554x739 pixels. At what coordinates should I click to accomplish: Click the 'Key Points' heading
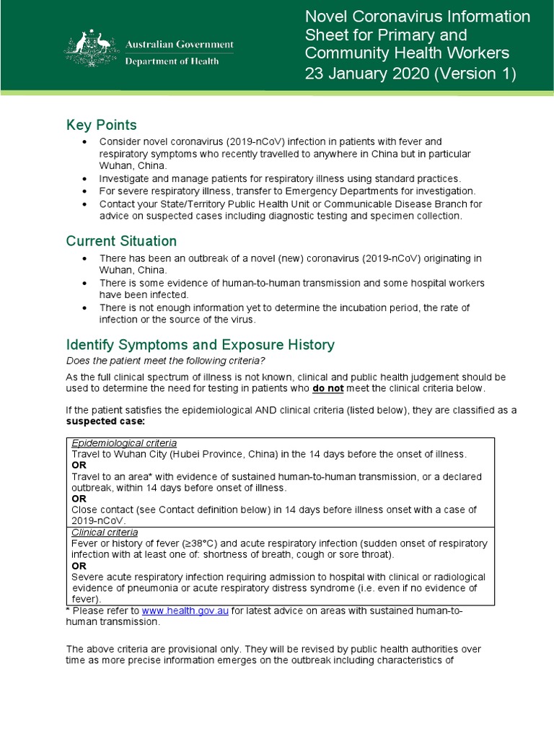(x=101, y=125)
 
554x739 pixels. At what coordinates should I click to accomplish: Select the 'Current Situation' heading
(x=121, y=240)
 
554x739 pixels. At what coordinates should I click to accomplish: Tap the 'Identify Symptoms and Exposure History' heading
(x=200, y=344)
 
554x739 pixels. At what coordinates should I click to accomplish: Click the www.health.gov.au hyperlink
(x=185, y=611)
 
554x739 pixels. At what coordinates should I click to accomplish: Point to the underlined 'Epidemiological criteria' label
(x=124, y=442)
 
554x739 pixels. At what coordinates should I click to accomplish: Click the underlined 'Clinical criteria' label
(x=106, y=532)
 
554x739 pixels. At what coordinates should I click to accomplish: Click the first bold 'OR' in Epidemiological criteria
(x=79, y=465)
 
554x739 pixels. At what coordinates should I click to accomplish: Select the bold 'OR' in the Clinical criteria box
(x=79, y=566)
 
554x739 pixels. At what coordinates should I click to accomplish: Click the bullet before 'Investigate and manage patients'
(x=86, y=178)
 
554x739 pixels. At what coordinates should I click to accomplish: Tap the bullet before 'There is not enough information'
(x=86, y=307)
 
